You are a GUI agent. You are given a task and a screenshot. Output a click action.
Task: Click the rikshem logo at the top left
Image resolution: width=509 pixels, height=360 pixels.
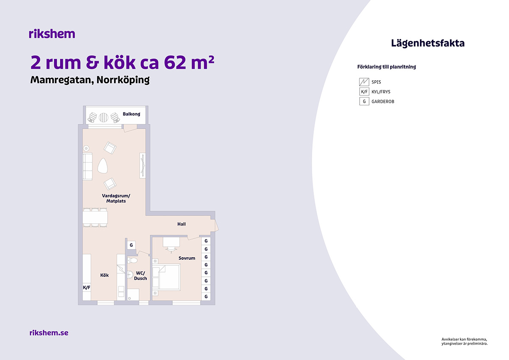click(x=52, y=34)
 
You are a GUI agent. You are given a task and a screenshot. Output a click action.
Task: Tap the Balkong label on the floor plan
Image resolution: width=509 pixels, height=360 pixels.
click(x=131, y=114)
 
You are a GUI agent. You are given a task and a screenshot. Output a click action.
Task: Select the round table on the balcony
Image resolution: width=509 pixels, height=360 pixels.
click(x=103, y=117)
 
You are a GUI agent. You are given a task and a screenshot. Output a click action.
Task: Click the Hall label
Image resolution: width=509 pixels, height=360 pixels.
click(x=182, y=224)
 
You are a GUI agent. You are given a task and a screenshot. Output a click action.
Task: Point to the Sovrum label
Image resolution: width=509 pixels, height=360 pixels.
click(x=187, y=258)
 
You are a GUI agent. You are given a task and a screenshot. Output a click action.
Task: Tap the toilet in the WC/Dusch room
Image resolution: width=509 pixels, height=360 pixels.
click(x=132, y=260)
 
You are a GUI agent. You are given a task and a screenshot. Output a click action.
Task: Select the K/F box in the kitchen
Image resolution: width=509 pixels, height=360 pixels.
click(x=87, y=287)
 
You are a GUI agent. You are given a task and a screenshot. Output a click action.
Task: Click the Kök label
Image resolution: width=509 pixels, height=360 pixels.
click(x=104, y=275)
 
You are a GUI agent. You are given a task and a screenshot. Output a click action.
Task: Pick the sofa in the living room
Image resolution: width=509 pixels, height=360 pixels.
click(x=87, y=166)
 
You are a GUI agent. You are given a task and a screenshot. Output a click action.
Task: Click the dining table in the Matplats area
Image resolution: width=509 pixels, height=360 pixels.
click(x=95, y=218)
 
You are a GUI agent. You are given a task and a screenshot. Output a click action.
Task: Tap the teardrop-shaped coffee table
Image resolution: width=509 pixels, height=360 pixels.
click(x=103, y=166)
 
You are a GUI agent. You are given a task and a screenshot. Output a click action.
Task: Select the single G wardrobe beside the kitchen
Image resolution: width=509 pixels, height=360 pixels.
click(x=131, y=245)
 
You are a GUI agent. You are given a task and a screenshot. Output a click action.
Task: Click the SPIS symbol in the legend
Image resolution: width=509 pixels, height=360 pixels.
click(x=364, y=82)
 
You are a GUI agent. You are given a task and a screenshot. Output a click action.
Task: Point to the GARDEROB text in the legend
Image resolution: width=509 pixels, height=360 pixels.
click(x=383, y=101)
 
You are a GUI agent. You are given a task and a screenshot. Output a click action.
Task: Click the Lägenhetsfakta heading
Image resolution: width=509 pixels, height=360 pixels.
click(x=428, y=43)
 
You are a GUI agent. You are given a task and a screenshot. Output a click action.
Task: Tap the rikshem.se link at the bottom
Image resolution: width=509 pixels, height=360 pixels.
click(x=49, y=333)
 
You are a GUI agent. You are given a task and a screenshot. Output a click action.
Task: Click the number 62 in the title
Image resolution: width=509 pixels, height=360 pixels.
click(x=174, y=62)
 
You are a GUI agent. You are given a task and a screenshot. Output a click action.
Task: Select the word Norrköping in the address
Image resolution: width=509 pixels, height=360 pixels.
click(x=123, y=80)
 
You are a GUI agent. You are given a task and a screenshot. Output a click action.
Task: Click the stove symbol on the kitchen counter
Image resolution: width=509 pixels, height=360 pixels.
click(x=121, y=269)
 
